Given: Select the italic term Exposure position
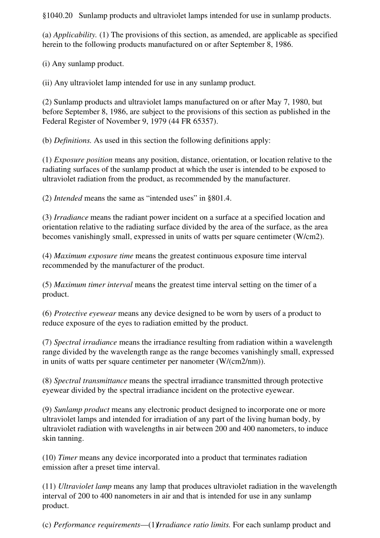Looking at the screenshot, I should (83, 160).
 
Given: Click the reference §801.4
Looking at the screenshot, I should (216, 198).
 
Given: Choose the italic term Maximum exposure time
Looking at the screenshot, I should (93, 256).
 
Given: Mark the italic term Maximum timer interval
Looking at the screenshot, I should (93, 285).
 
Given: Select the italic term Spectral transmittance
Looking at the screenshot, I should (90, 381).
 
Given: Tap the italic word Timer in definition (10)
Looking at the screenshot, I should (67, 458).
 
